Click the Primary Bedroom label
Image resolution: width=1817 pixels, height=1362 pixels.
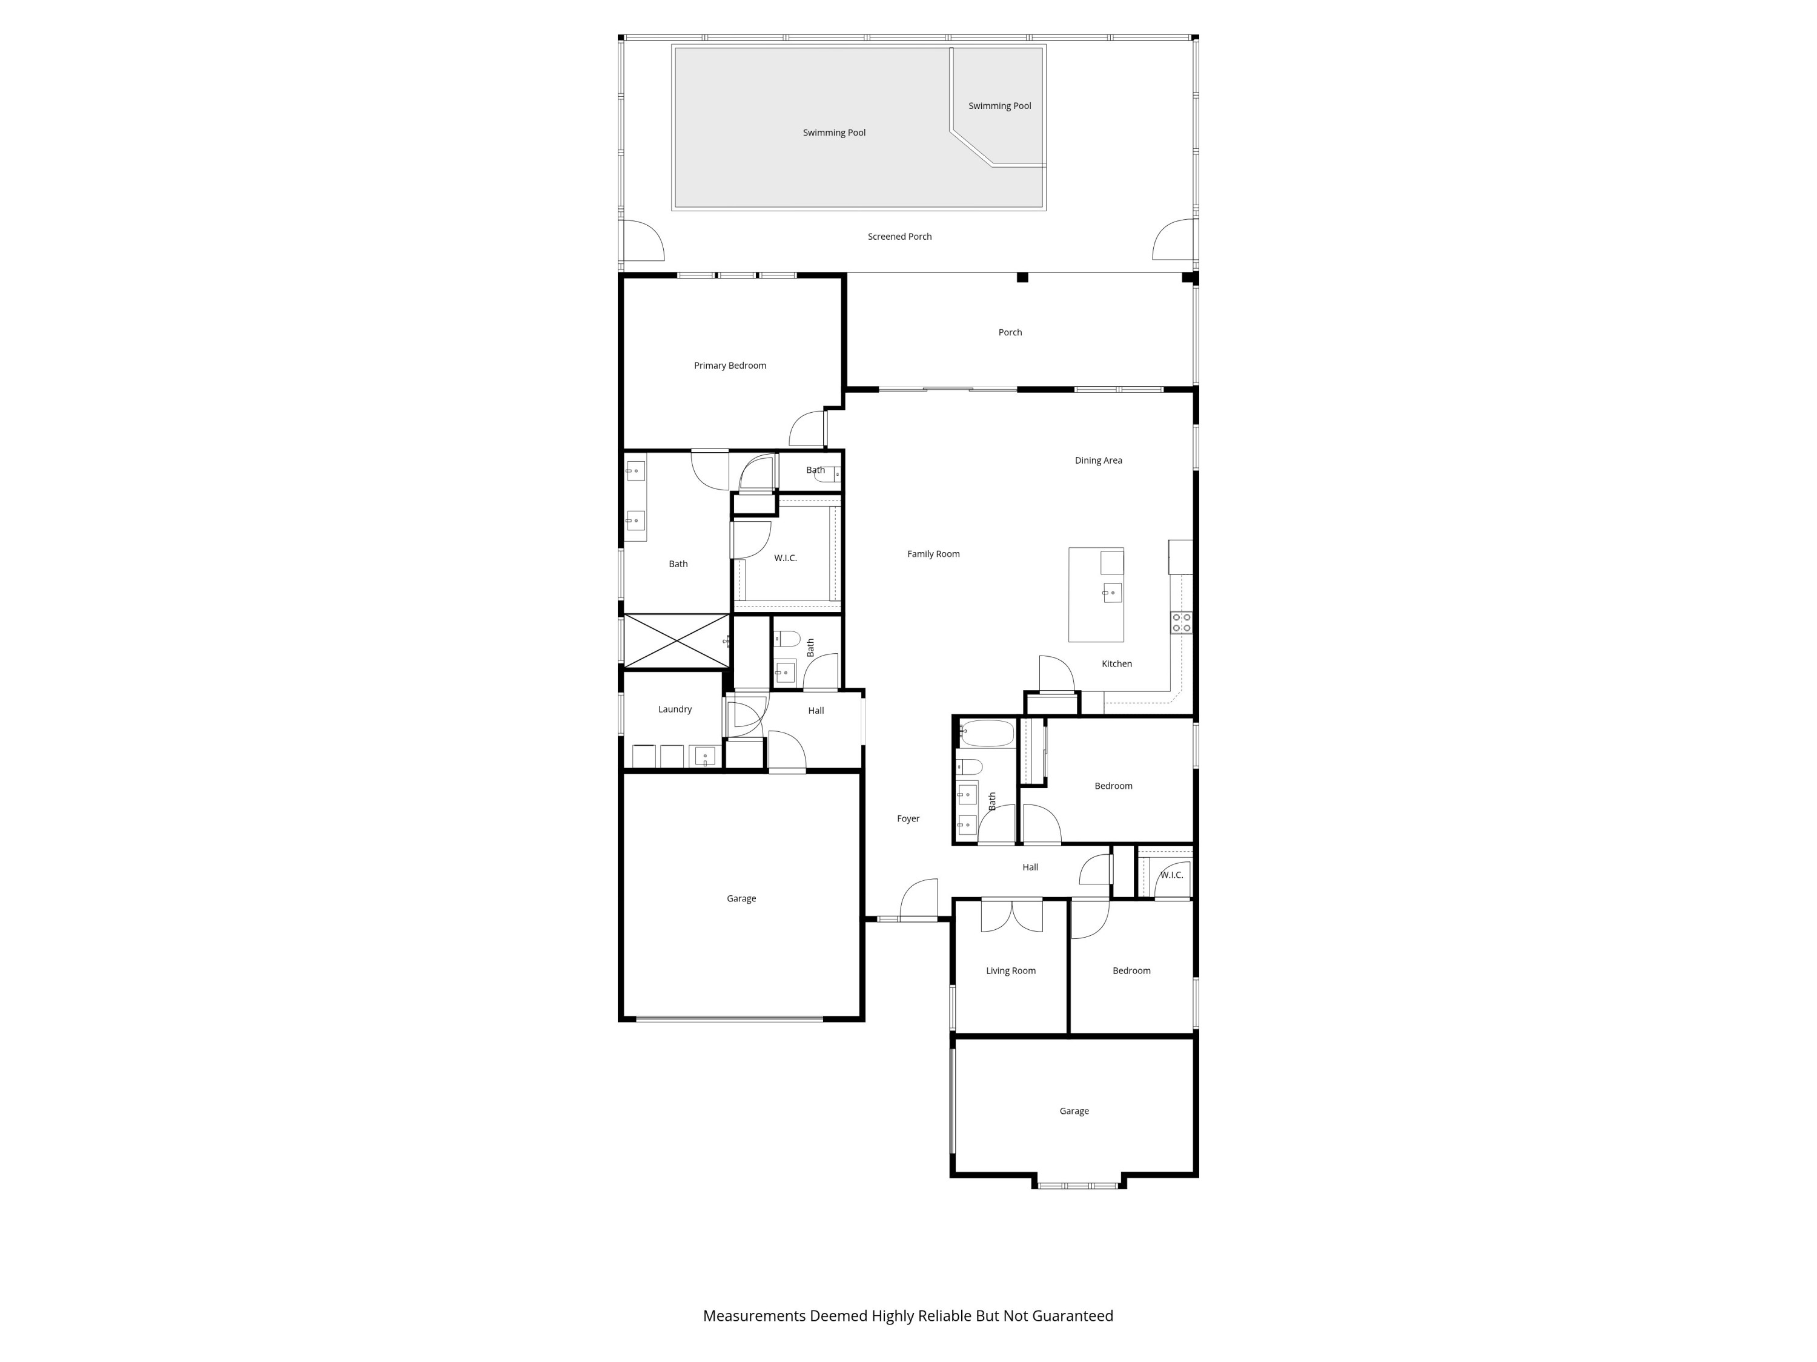pos(729,366)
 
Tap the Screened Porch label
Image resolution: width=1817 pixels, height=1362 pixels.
pos(899,237)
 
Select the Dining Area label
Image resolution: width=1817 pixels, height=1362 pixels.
pos(1097,461)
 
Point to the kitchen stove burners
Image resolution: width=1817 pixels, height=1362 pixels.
pos(1180,622)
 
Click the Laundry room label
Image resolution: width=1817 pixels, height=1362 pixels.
pos(674,709)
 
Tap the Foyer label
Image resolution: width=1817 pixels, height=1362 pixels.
pos(908,818)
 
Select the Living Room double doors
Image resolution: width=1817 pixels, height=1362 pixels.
pos(1011,915)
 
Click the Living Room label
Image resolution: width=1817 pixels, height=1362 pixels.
pos(1010,970)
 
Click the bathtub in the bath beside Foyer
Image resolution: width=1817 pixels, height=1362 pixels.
pos(987,732)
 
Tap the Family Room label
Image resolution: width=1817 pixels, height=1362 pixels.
pos(933,554)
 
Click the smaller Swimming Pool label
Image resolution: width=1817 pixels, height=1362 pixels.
pos(999,106)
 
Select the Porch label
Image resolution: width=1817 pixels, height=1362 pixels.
pos(1010,332)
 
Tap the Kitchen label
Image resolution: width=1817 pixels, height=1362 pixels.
pos(1116,664)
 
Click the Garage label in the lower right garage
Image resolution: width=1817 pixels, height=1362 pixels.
pos(1074,1111)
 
